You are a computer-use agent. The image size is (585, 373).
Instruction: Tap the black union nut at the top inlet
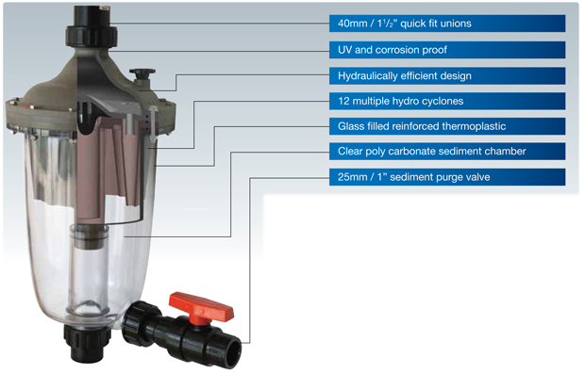pyautogui.click(x=92, y=36)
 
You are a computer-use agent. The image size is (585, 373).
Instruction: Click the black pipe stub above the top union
pyautogui.click(x=92, y=16)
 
